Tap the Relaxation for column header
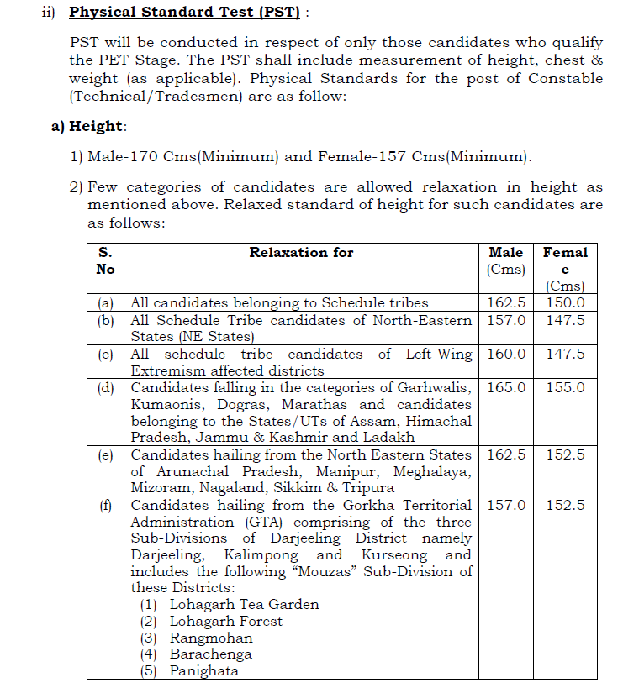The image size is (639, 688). [x=301, y=252]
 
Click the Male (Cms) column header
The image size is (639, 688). [x=506, y=260]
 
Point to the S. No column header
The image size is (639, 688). [x=105, y=260]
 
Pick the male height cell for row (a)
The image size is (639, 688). [x=506, y=302]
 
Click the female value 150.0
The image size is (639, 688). [x=565, y=302]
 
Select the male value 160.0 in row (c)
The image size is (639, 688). [x=506, y=354]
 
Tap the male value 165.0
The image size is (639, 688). [x=506, y=387]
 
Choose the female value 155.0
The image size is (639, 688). [x=565, y=387]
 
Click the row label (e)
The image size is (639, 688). [x=105, y=454]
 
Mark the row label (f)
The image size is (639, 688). [x=105, y=505]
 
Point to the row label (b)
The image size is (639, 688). [x=105, y=320]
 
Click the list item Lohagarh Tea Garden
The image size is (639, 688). [x=244, y=604]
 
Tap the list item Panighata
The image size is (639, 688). [x=204, y=670]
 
